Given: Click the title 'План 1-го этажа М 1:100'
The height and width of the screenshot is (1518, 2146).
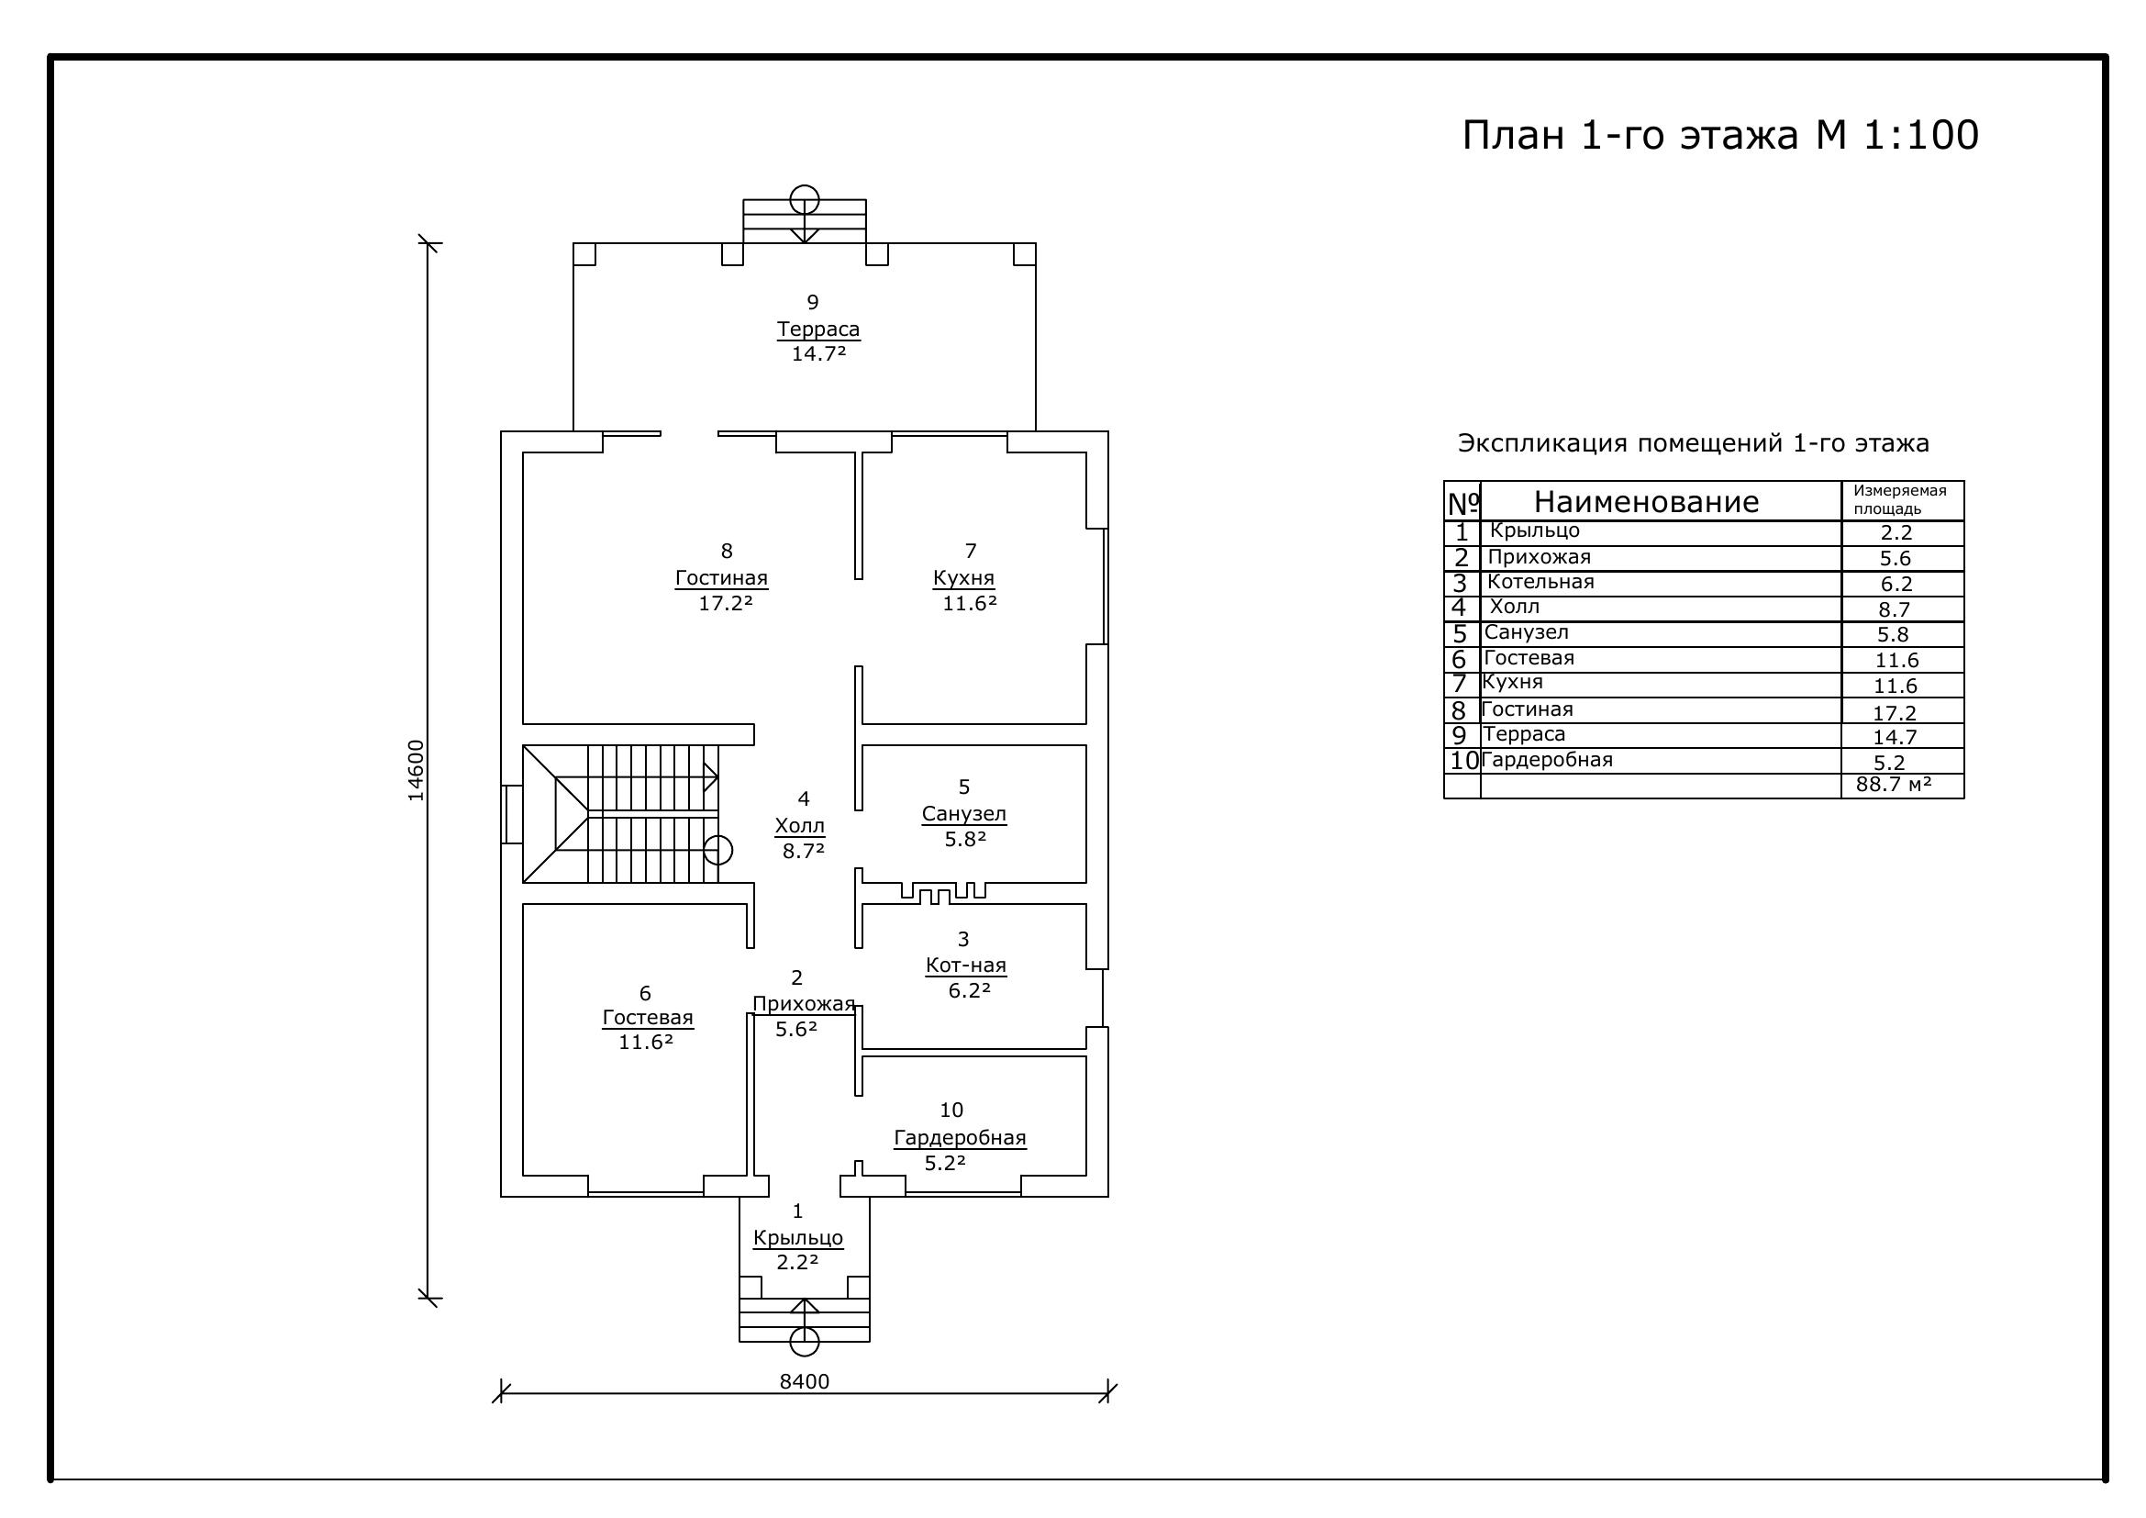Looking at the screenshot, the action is pyautogui.click(x=1719, y=136).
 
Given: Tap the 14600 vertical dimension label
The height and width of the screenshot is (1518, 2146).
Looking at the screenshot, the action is pyautogui.click(x=416, y=770).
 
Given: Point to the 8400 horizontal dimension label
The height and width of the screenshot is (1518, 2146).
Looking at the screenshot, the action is pyautogui.click(x=804, y=1381).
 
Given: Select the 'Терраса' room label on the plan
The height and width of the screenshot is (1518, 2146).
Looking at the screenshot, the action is pyautogui.click(x=817, y=329).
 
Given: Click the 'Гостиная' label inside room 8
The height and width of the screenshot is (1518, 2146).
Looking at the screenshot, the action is pyautogui.click(x=721, y=577).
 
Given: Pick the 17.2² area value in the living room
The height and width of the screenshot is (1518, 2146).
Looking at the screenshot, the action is pyautogui.click(x=726, y=603).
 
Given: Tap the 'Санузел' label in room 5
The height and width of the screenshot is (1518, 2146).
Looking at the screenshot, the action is pyautogui.click(x=963, y=814).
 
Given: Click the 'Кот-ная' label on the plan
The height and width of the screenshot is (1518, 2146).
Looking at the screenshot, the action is pyautogui.click(x=965, y=965).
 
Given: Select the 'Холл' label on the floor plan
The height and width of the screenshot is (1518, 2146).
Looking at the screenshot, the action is pyautogui.click(x=800, y=826).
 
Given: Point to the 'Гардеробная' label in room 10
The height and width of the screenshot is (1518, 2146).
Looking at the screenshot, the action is pyautogui.click(x=960, y=1138).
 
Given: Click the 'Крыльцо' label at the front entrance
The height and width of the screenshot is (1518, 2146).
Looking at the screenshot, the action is pyautogui.click(x=798, y=1237).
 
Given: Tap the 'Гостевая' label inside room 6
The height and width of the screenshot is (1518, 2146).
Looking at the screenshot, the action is pyautogui.click(x=648, y=1018).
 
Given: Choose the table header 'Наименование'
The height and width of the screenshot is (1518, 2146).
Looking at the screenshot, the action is pyautogui.click(x=1646, y=502).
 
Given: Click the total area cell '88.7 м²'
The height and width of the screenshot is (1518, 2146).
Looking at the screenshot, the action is pyautogui.click(x=1894, y=784).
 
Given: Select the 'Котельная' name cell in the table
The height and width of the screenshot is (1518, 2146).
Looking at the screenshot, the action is pyautogui.click(x=1540, y=583).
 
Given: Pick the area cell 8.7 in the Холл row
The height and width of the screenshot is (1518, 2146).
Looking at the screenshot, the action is pyautogui.click(x=1895, y=609).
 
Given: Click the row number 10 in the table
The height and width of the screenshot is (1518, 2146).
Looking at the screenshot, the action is pyautogui.click(x=1463, y=761).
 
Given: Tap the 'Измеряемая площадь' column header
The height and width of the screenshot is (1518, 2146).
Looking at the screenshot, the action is pyautogui.click(x=1900, y=500).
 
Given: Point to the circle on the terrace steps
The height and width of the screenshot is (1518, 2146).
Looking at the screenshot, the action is pyautogui.click(x=805, y=199).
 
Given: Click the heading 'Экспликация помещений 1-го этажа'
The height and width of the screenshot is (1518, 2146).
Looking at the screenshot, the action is pyautogui.click(x=1693, y=443).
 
